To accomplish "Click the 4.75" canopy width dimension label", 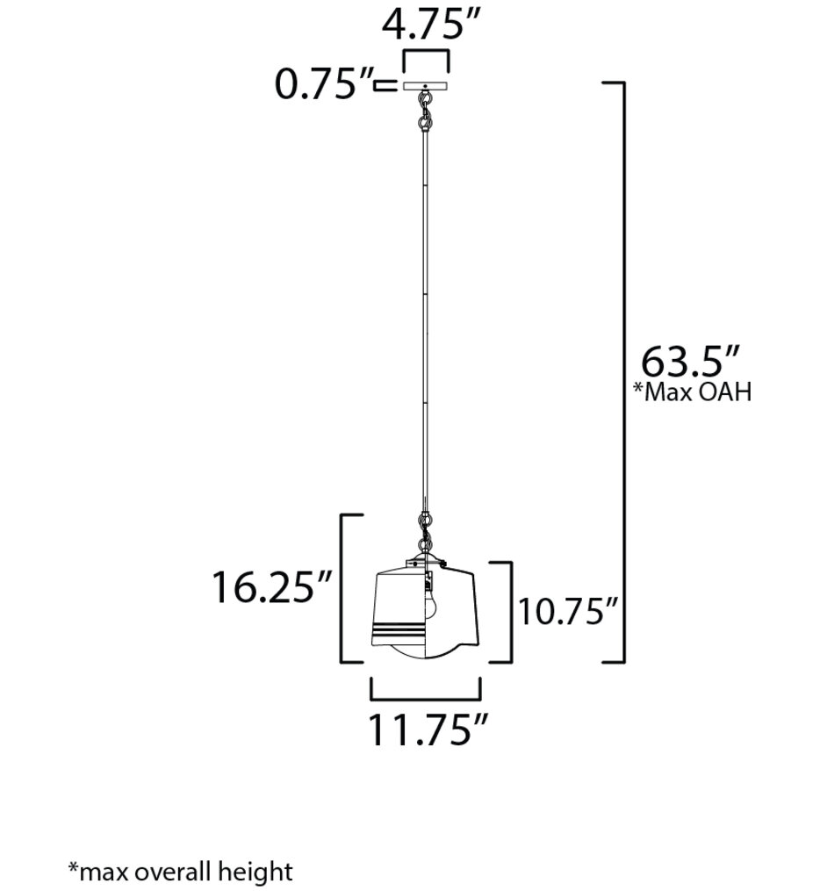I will (x=426, y=26).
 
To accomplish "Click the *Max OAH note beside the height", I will (x=693, y=392).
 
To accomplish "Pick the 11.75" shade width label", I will (x=427, y=730).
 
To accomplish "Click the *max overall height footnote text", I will (x=180, y=871).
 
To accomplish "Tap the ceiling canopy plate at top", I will (x=426, y=86).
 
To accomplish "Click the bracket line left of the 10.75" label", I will (x=509, y=612).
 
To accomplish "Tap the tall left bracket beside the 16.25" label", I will (x=343, y=588).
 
